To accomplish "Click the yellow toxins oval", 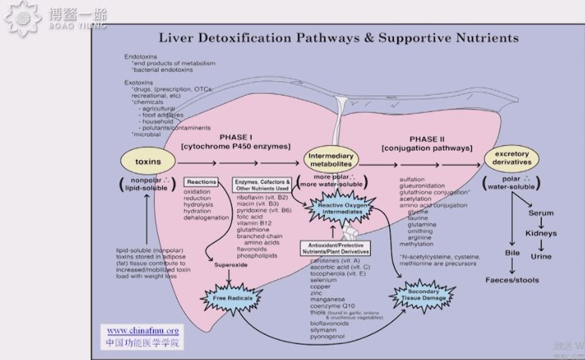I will [x=148, y=162].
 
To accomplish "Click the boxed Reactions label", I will [x=201, y=182].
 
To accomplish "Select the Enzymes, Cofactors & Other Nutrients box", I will [x=262, y=186].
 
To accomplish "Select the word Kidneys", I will [x=541, y=233].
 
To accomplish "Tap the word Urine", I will [x=541, y=256].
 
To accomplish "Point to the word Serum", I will [x=541, y=213].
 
